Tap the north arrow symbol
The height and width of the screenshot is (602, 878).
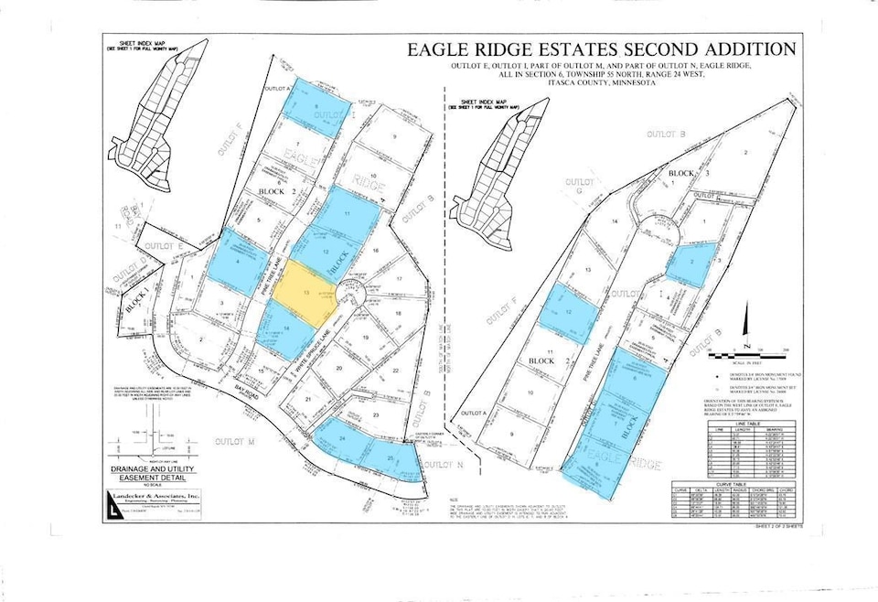[746, 344]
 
